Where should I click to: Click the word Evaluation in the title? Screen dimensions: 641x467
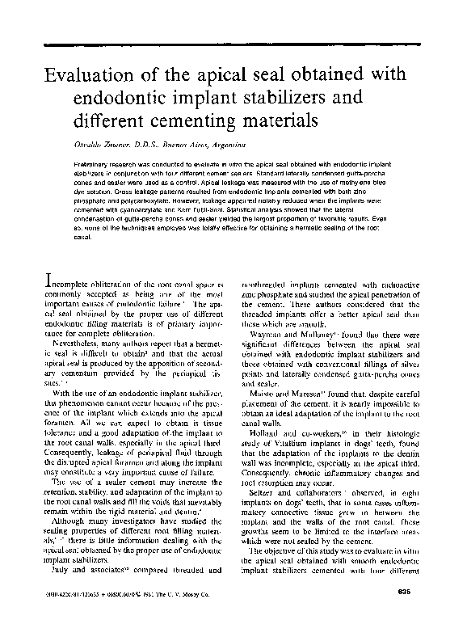[90, 77]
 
